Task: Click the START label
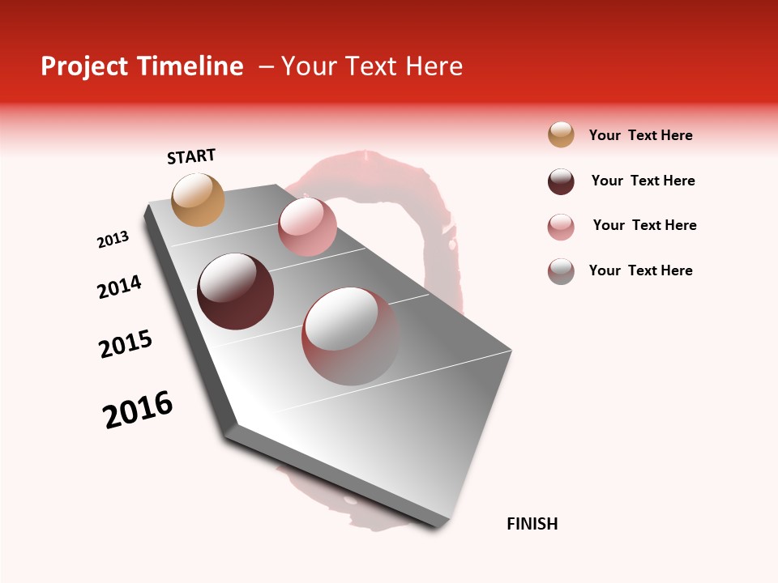pyautogui.click(x=191, y=155)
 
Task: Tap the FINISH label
pyautogui.click(x=532, y=524)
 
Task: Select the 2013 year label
pyautogui.click(x=113, y=240)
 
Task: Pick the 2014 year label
pyautogui.click(x=119, y=287)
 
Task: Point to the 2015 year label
pyautogui.click(x=126, y=344)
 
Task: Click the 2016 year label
pyautogui.click(x=138, y=410)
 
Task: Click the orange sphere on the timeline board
pyautogui.click(x=199, y=199)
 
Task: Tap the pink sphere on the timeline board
pyautogui.click(x=307, y=227)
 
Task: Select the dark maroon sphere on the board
pyautogui.click(x=236, y=291)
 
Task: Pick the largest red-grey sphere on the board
pyautogui.click(x=350, y=336)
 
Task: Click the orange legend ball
pyautogui.click(x=561, y=134)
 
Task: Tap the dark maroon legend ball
pyautogui.click(x=561, y=181)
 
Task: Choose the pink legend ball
pyautogui.click(x=561, y=227)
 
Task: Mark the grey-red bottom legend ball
pyautogui.click(x=561, y=271)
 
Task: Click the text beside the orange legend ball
pyautogui.click(x=640, y=135)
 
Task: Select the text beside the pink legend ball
pyautogui.click(x=644, y=225)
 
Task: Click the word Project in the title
pyautogui.click(x=85, y=66)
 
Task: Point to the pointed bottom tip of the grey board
pyautogui.click(x=442, y=525)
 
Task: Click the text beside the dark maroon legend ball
pyautogui.click(x=643, y=181)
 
